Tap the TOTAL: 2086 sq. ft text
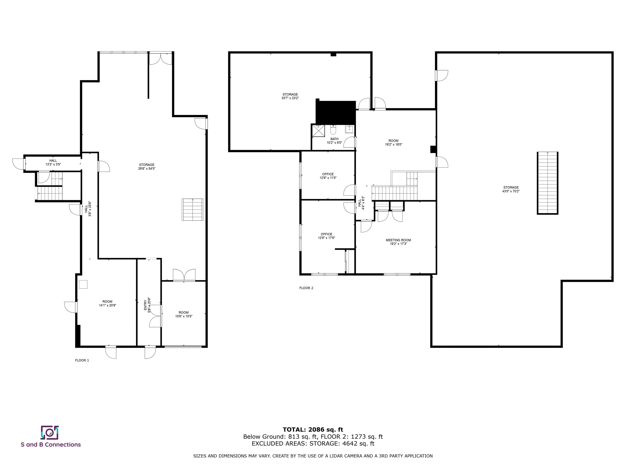[313, 430]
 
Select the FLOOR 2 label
[306, 288]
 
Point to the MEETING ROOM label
[398, 242]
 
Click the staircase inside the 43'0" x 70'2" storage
[547, 183]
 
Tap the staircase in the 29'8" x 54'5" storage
[192, 209]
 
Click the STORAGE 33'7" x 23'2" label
[290, 96]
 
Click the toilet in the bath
[333, 130]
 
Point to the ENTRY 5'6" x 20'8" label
[147, 304]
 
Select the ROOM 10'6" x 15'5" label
[183, 314]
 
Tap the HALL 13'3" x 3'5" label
[53, 162]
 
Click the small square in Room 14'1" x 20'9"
[83, 284]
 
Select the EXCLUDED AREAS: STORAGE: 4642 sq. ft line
[313, 443]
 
